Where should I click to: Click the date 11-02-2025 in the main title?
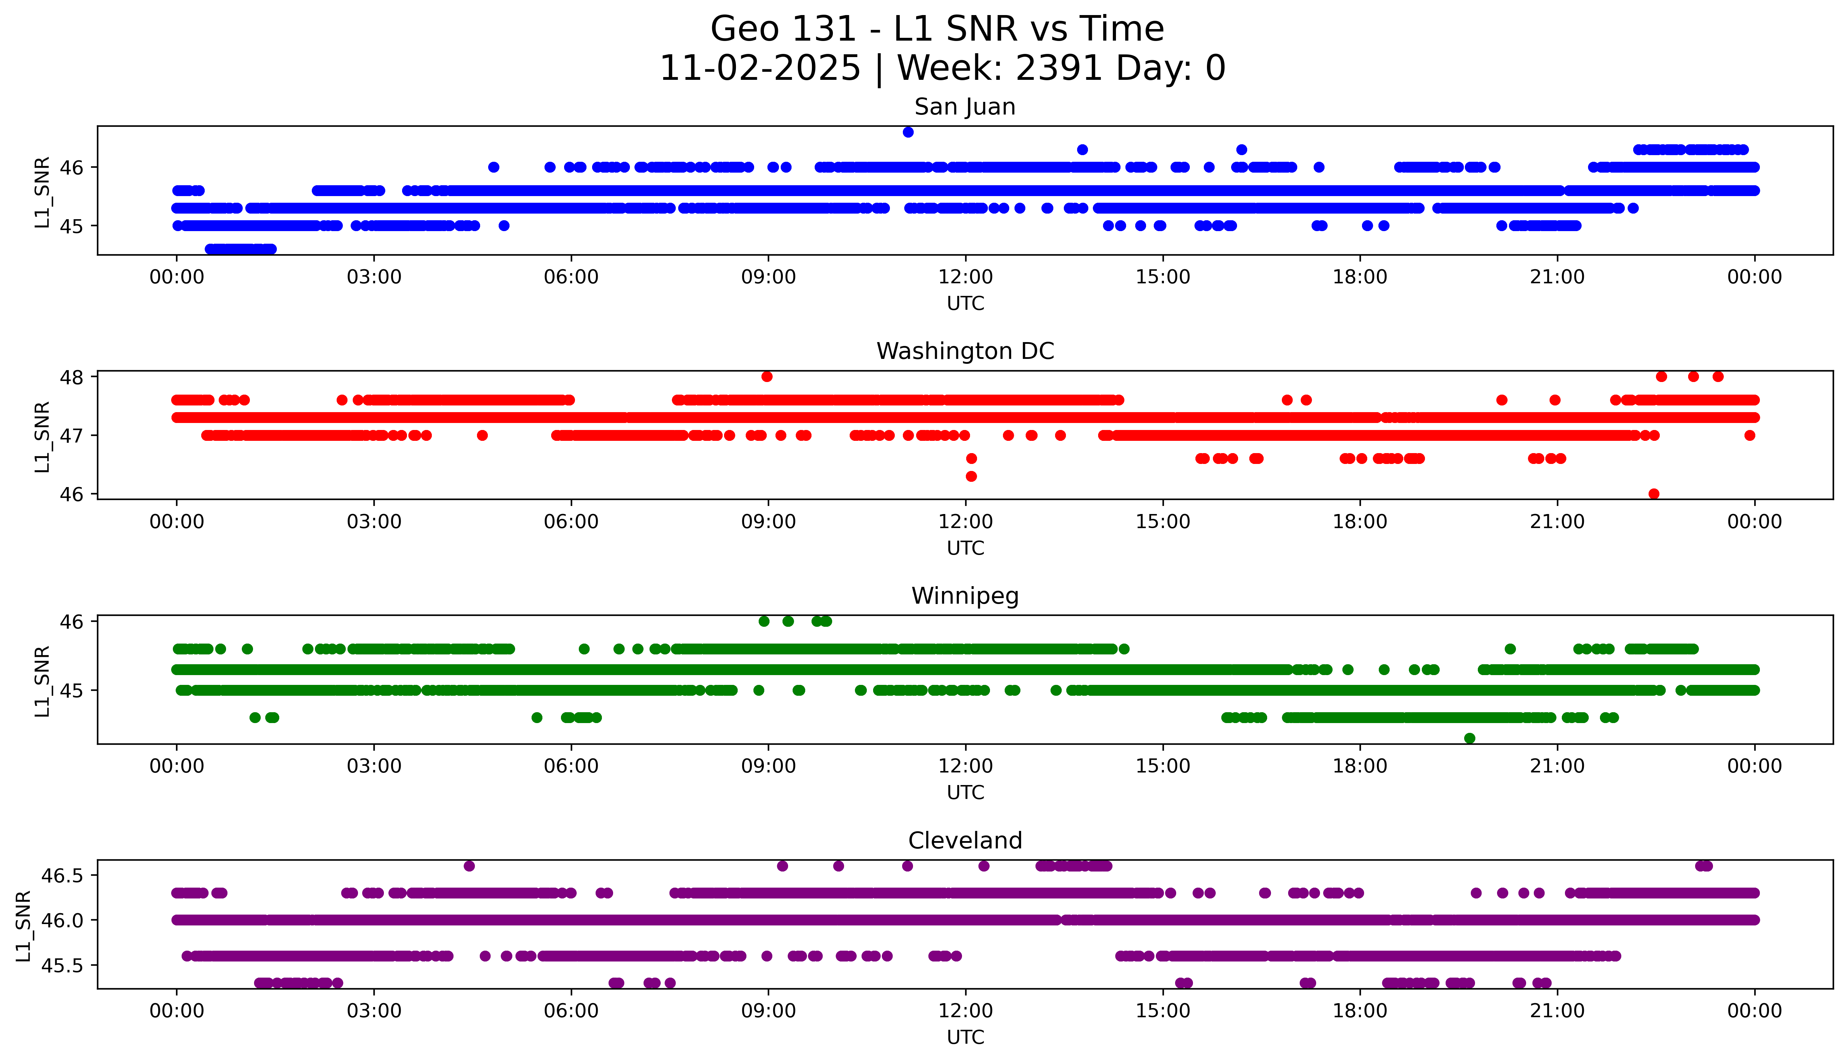point(760,69)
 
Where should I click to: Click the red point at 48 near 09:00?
point(767,376)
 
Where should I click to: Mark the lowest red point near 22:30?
point(1654,494)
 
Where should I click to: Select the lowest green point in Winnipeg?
point(1469,738)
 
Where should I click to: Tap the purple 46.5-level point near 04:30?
point(469,866)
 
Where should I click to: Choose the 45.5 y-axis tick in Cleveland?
point(63,965)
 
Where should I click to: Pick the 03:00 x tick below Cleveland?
point(374,1011)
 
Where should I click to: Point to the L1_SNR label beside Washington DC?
point(42,436)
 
